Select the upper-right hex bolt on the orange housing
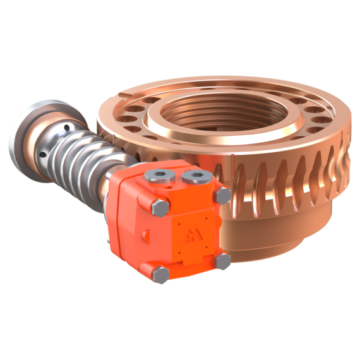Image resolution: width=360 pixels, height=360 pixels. click(x=223, y=195)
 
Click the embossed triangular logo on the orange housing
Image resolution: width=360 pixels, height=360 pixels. click(x=190, y=237)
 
